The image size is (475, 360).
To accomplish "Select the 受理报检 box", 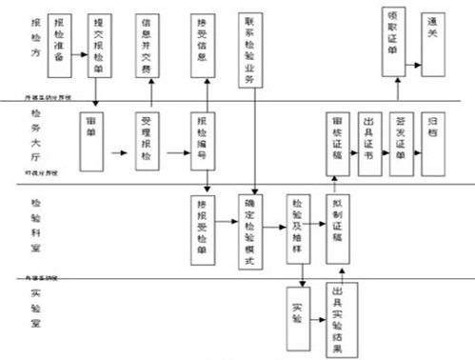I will click(149, 142).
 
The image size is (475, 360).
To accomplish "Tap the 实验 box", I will click(297, 313).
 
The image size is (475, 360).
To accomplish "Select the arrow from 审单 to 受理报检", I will click(120, 150).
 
